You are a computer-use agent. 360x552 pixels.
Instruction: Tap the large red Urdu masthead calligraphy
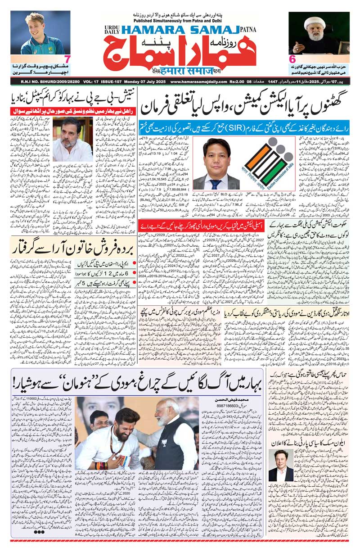(180, 54)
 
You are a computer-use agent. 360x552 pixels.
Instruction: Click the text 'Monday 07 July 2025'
(135, 81)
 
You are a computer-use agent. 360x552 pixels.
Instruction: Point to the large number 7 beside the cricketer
(67, 59)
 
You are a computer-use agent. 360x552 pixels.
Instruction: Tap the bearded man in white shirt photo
(72, 140)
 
